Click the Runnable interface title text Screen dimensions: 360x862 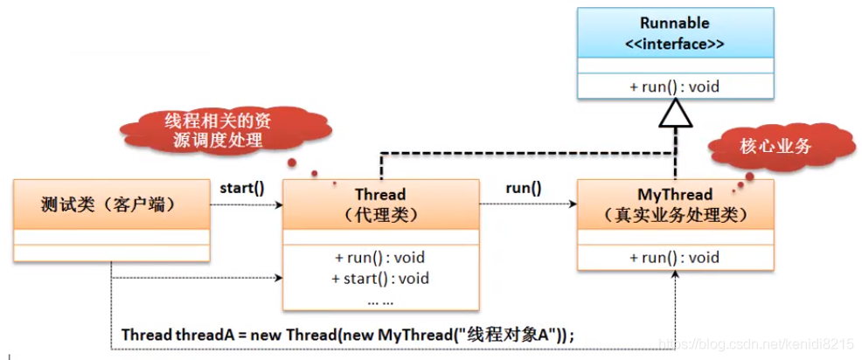pos(674,23)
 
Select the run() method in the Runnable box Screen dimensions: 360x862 pos(674,87)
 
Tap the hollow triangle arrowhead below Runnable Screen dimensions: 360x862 pos(675,112)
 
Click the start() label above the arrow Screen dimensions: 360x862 pos(241,187)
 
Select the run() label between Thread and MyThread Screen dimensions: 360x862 pos(523,187)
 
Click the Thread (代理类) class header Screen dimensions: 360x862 pos(380,204)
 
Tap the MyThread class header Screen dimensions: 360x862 pos(674,204)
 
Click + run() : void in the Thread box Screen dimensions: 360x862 pos(380,258)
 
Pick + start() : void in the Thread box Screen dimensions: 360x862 pos(380,279)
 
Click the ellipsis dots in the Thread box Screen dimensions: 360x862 pos(380,299)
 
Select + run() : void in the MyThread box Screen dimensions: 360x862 pos(674,257)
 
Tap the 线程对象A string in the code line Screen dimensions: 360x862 pos(516,335)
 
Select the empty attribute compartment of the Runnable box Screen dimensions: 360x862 pos(674,66)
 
